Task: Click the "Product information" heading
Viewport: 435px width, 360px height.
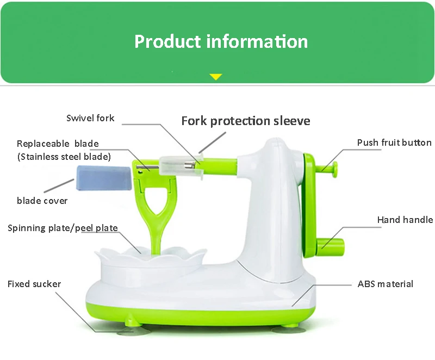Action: (221, 41)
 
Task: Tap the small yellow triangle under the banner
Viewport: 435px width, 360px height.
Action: (216, 77)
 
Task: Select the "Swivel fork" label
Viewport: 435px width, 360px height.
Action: (90, 118)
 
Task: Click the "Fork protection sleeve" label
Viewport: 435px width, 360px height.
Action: (245, 121)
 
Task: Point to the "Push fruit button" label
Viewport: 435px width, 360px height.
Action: (394, 143)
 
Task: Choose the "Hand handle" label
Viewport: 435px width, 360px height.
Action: (405, 220)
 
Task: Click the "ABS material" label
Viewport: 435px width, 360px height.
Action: (385, 284)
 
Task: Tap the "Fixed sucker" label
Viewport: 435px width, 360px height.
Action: (34, 284)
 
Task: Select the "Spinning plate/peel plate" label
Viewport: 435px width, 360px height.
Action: (63, 228)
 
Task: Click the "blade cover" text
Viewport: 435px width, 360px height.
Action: (42, 201)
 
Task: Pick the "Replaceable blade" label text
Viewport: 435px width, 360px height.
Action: (58, 144)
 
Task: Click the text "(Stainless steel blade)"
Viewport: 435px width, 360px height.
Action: (64, 157)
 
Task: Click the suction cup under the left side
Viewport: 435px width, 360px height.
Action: (130, 329)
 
